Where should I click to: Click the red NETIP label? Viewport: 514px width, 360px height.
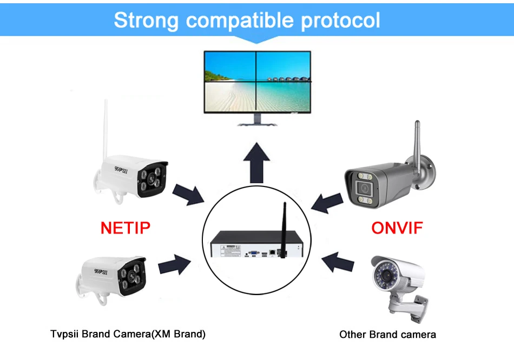pos(125,228)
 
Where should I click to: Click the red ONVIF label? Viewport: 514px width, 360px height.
pos(397,228)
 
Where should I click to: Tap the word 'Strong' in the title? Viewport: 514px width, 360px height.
pos(146,21)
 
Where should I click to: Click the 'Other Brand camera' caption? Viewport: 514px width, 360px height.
pos(387,335)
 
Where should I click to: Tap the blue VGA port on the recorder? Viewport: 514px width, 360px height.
pos(252,252)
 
